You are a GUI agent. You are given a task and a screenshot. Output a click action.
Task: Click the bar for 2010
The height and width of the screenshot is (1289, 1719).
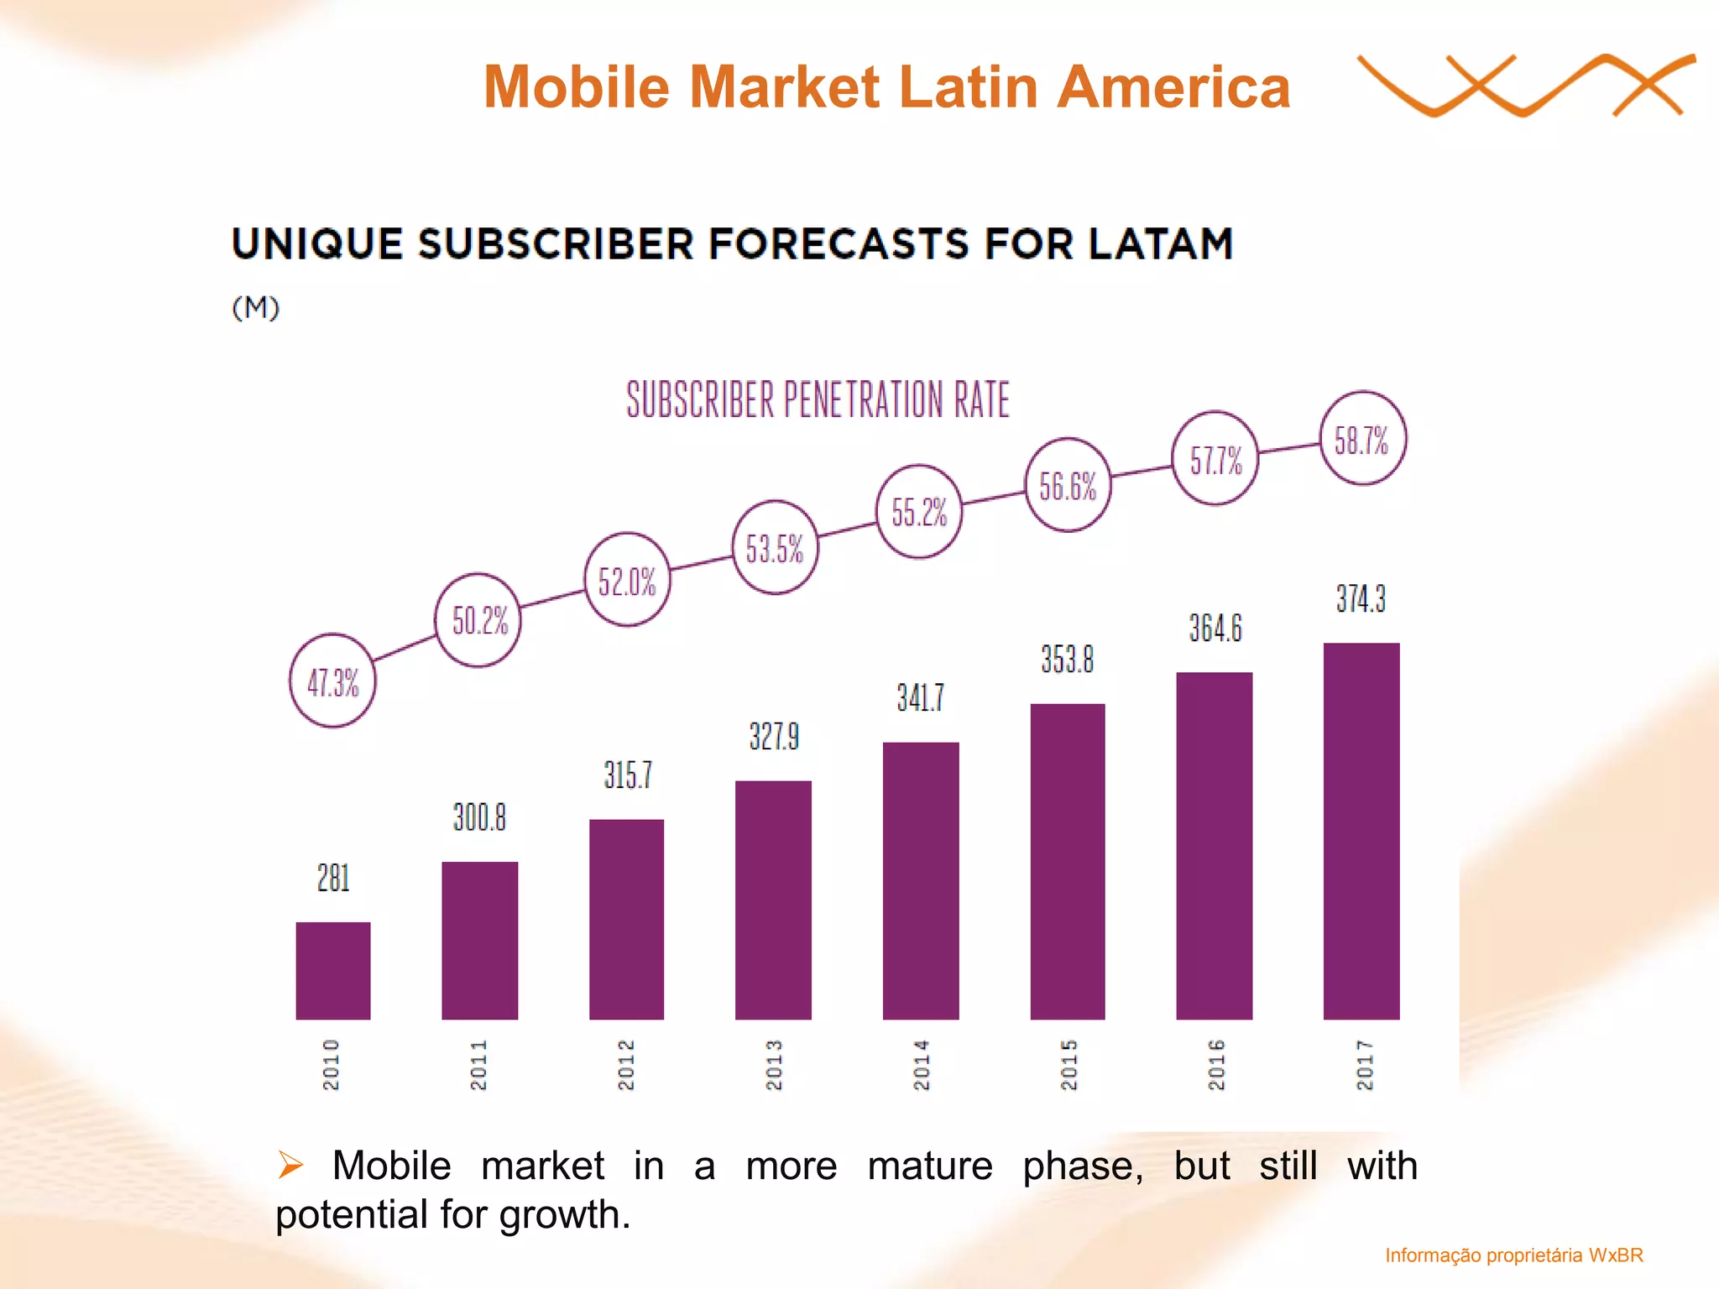pyautogui.click(x=333, y=971)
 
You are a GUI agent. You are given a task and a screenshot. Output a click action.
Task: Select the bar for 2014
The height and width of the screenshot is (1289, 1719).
pyautogui.click(x=921, y=881)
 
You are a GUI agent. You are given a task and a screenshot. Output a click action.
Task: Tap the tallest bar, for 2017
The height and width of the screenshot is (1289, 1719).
pyautogui.click(x=1361, y=831)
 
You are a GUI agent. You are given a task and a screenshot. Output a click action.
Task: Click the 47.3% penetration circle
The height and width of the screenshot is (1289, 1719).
pyautogui.click(x=333, y=681)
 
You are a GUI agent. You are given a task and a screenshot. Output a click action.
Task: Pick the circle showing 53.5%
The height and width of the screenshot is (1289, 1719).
pyautogui.click(x=775, y=548)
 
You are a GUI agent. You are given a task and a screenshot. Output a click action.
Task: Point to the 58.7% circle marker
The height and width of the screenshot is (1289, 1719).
pyautogui.click(x=1362, y=438)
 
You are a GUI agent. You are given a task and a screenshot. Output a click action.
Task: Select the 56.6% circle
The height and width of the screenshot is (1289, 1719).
pyautogui.click(x=1068, y=485)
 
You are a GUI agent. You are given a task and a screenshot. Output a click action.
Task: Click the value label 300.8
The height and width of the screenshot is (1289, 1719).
pyautogui.click(x=479, y=817)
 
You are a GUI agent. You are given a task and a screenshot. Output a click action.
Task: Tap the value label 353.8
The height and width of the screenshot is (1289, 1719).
pyautogui.click(x=1068, y=659)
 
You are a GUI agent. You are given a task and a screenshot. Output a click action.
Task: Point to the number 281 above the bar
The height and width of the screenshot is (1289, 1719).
pyautogui.click(x=333, y=878)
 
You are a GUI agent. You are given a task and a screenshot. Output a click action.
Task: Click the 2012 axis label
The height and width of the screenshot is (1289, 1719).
pyautogui.click(x=626, y=1064)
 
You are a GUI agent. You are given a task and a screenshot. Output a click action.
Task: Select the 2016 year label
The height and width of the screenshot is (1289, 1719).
pyautogui.click(x=1216, y=1064)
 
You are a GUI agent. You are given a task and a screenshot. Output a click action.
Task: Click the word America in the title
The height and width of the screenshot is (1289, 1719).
pyautogui.click(x=1173, y=87)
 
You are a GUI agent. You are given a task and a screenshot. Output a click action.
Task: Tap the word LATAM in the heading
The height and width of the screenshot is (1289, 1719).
pyautogui.click(x=1161, y=244)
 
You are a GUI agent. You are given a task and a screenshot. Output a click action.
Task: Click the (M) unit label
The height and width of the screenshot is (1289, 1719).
pyautogui.click(x=255, y=308)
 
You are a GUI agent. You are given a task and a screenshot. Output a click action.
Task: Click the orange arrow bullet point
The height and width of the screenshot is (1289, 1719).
pyautogui.click(x=290, y=1165)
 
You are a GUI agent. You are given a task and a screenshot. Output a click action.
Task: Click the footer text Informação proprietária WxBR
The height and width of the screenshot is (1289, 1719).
pyautogui.click(x=1513, y=1255)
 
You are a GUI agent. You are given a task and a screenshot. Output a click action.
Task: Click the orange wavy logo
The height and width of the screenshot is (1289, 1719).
pyautogui.click(x=1523, y=86)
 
